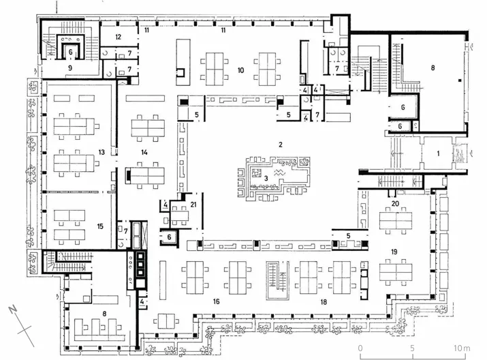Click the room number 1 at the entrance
[x=438, y=153]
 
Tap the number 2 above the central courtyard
[x=281, y=145]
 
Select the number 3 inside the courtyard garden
[x=266, y=179]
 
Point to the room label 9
[x=70, y=67]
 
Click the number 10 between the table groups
[x=240, y=70]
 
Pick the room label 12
[x=118, y=37]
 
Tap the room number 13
[x=101, y=152]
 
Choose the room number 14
[x=144, y=152]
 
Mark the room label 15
[x=100, y=226]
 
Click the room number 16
[x=216, y=301]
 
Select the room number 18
[x=324, y=302]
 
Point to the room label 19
[x=394, y=252]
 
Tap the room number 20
[x=395, y=204]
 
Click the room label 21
[x=193, y=205]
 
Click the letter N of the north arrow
[x=13, y=310]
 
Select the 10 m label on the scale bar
[x=462, y=348]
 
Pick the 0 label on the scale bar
[x=360, y=348]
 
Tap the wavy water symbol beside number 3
[x=279, y=173]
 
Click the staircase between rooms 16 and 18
[x=277, y=280]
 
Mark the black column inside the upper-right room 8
[x=460, y=81]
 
